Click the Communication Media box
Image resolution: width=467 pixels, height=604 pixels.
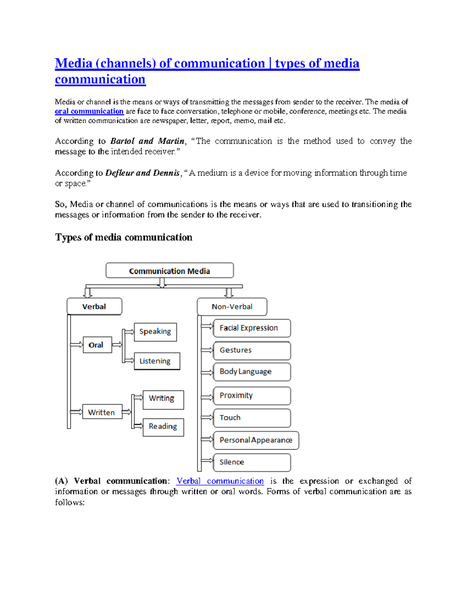point(170,271)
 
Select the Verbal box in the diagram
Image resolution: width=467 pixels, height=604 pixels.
point(94,306)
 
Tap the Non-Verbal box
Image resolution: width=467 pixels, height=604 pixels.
point(232,307)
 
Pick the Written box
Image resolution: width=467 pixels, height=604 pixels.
point(102,412)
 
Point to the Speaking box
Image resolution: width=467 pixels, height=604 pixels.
point(155,332)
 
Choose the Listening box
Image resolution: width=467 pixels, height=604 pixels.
point(156,361)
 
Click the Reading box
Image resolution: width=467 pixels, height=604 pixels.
point(163,427)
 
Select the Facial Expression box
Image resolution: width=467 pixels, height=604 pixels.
point(251,328)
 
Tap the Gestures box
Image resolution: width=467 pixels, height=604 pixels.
point(251,350)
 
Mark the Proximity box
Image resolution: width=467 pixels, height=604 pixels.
point(251,396)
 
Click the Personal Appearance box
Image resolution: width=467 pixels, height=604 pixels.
point(256,440)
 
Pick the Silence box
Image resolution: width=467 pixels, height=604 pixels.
point(251,462)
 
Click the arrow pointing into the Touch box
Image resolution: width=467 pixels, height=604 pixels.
point(207,417)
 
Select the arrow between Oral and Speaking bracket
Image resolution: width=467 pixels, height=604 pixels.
point(117,345)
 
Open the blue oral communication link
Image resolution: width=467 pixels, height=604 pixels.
point(89,111)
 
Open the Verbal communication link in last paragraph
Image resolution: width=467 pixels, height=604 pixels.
point(220,481)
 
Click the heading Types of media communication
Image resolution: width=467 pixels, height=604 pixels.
point(124,237)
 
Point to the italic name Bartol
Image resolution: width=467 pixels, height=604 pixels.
point(122,141)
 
